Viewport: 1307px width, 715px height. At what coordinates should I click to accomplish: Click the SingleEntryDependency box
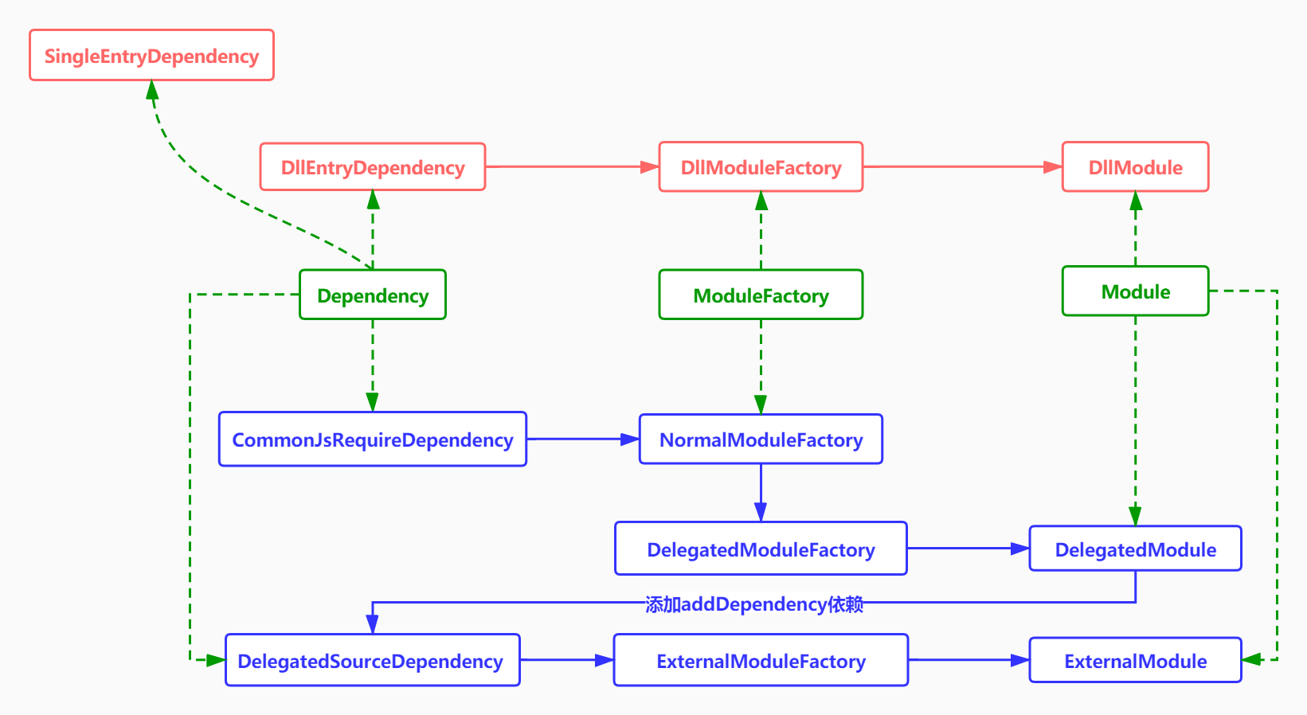pos(151,56)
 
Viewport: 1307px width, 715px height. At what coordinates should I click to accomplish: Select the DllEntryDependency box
pos(373,167)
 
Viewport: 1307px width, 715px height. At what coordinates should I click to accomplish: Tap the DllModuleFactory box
pos(761,167)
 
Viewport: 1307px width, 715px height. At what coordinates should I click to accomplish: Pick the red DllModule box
pos(1135,167)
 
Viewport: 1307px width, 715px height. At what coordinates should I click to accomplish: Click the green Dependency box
pos(373,295)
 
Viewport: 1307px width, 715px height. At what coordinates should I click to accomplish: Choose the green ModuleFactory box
pos(761,295)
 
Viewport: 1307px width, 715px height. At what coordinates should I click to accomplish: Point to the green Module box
pos(1135,291)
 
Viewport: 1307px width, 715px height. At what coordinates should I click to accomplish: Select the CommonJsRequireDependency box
pos(373,440)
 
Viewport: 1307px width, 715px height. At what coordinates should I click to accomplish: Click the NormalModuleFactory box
pos(761,440)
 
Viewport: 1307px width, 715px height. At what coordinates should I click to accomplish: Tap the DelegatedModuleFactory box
pos(761,549)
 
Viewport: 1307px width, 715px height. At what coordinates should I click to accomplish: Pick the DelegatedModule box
pos(1135,549)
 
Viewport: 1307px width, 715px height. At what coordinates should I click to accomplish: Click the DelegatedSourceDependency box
pos(373,661)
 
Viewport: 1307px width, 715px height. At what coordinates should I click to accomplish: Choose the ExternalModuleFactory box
pos(761,661)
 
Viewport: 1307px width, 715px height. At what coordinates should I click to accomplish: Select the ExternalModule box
pos(1135,661)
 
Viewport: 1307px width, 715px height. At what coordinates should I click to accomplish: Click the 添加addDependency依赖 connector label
pos(754,604)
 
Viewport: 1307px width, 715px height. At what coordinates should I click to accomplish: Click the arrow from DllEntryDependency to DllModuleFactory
pos(572,167)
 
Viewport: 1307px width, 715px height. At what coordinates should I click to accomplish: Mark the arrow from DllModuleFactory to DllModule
pos(962,167)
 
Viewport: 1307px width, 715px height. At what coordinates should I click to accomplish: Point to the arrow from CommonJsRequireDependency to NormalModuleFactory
pos(582,439)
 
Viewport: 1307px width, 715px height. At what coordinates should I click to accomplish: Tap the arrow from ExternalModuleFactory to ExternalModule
pos(969,660)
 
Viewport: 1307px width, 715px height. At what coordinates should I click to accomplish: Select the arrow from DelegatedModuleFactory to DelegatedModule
pos(968,549)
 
